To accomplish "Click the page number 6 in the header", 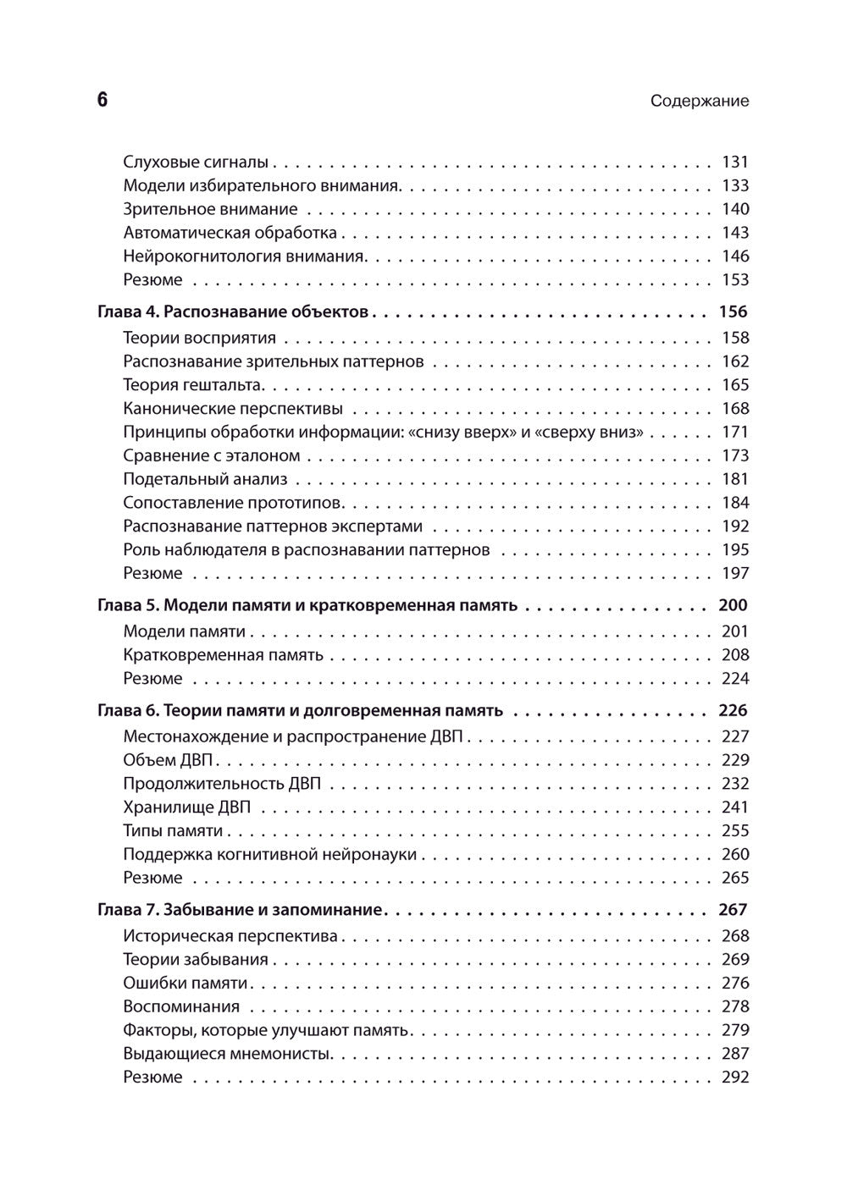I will [x=102, y=100].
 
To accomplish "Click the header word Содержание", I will [x=700, y=101].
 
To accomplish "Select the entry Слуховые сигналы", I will [x=196, y=162].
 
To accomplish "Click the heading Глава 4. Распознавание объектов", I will [x=233, y=312].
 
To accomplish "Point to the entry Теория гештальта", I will [x=193, y=385].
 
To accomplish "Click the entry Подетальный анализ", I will [x=206, y=479].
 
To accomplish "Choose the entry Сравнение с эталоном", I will [x=212, y=456].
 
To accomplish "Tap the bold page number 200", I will [x=733, y=606].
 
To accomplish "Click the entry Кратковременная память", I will [x=223, y=655].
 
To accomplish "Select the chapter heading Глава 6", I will [x=300, y=711].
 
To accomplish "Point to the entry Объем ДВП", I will [x=172, y=760].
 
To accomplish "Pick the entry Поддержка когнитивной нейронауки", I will [x=269, y=855].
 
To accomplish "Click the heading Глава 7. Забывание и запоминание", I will [x=241, y=911].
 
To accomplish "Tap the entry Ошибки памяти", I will [x=185, y=984].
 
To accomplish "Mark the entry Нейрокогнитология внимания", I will [x=245, y=256].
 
